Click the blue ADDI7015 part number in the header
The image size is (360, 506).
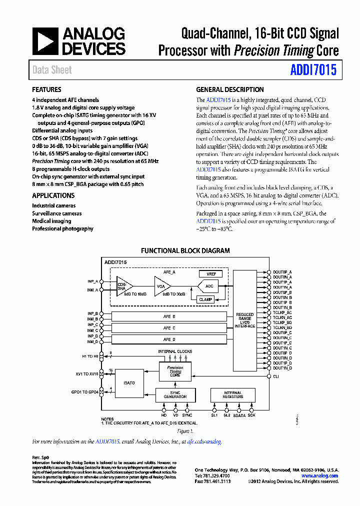tap(313, 70)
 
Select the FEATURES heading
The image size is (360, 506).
tap(46, 90)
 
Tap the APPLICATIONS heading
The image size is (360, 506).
tap(53, 195)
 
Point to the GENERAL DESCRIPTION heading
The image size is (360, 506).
tap(229, 90)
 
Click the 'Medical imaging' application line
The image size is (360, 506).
tap(51, 221)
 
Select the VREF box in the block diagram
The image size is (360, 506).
tap(210, 274)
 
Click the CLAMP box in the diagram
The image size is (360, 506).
tap(205, 299)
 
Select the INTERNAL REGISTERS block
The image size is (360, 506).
tap(232, 395)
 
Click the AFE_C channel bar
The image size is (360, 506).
tap(169, 328)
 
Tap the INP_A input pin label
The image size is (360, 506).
tap(92, 281)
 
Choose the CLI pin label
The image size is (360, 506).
tap(275, 376)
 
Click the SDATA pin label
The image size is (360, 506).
tap(239, 415)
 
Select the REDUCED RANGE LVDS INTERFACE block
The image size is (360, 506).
tap(244, 320)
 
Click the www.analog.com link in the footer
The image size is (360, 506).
tap(321, 476)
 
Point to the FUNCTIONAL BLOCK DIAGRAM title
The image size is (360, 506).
tap(185, 251)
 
